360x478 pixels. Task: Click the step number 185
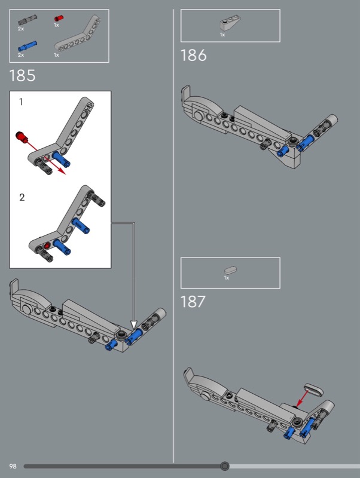tap(22, 76)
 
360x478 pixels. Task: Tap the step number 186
tap(193, 56)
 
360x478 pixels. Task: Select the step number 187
tap(193, 302)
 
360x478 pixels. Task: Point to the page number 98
tap(13, 466)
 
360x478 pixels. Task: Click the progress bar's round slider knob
tap(225, 466)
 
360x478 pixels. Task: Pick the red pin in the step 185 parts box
tap(59, 19)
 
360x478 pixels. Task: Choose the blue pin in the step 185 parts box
tap(28, 46)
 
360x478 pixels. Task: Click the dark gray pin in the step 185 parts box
tap(28, 20)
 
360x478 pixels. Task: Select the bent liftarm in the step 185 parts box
tap(78, 36)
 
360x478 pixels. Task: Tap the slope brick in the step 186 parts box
tap(230, 23)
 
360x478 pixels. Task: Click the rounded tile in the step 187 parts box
tap(231, 270)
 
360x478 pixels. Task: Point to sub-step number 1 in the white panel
tap(21, 102)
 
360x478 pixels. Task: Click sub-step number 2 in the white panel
tap(22, 197)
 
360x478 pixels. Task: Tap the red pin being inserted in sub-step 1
tap(22, 137)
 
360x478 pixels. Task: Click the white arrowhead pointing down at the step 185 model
tap(133, 324)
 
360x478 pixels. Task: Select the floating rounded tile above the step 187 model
tap(314, 390)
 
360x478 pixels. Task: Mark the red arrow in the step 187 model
tap(303, 398)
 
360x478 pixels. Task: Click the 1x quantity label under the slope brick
tap(222, 35)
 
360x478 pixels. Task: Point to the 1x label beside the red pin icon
tap(56, 25)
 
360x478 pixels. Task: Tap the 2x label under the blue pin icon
tap(21, 55)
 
